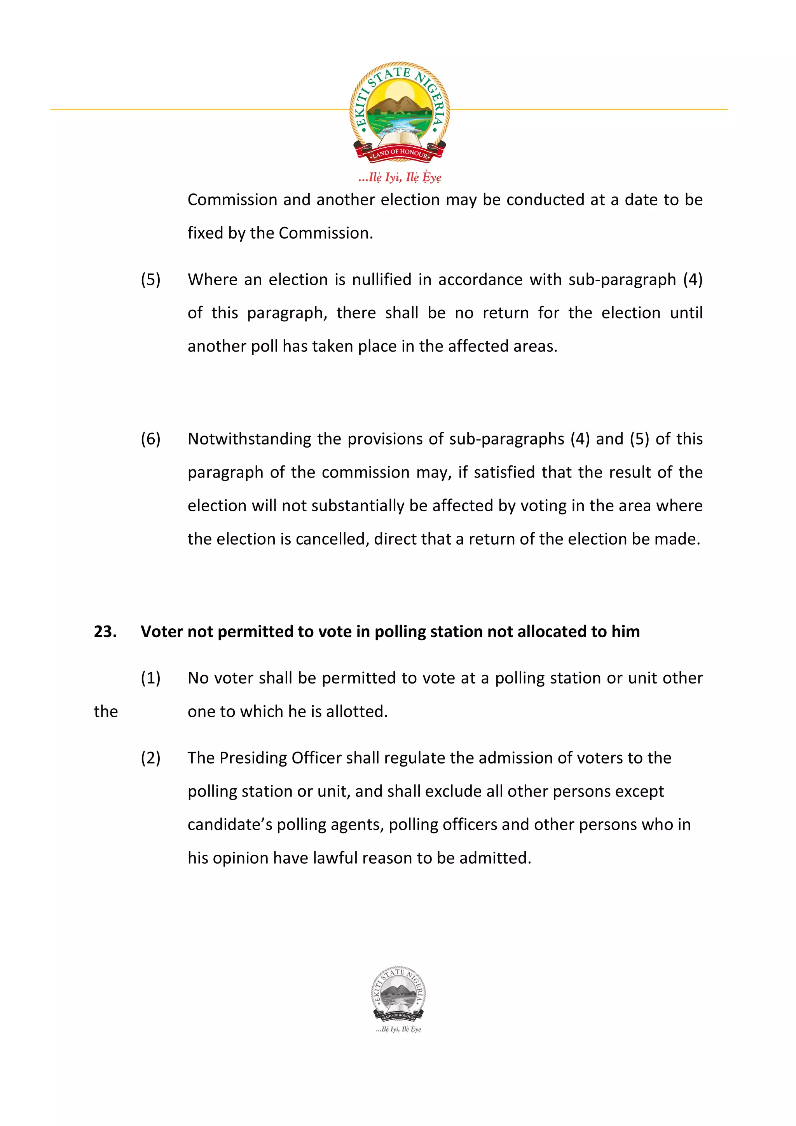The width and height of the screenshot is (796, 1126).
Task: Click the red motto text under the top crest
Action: point(400,177)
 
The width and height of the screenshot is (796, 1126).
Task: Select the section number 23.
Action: point(105,632)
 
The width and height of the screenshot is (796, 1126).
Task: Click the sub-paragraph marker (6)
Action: point(150,439)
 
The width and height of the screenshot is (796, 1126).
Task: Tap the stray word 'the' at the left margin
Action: point(106,711)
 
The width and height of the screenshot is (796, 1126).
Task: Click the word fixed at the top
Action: point(205,233)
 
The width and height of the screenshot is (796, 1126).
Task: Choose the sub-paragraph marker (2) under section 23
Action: point(150,758)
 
